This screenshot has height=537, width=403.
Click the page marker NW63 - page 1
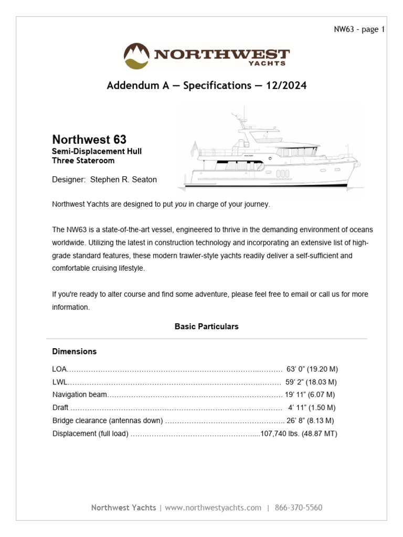[359, 29]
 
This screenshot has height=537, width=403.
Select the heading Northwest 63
[89, 139]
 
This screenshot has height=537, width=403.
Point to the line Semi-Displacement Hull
[97, 152]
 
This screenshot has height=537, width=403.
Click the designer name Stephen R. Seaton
[123, 179]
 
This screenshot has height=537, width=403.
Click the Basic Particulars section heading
[206, 326]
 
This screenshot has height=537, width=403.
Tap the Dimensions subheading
[75, 351]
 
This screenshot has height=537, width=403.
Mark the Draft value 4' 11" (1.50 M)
[312, 407]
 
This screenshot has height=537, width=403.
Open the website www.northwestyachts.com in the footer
[213, 508]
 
